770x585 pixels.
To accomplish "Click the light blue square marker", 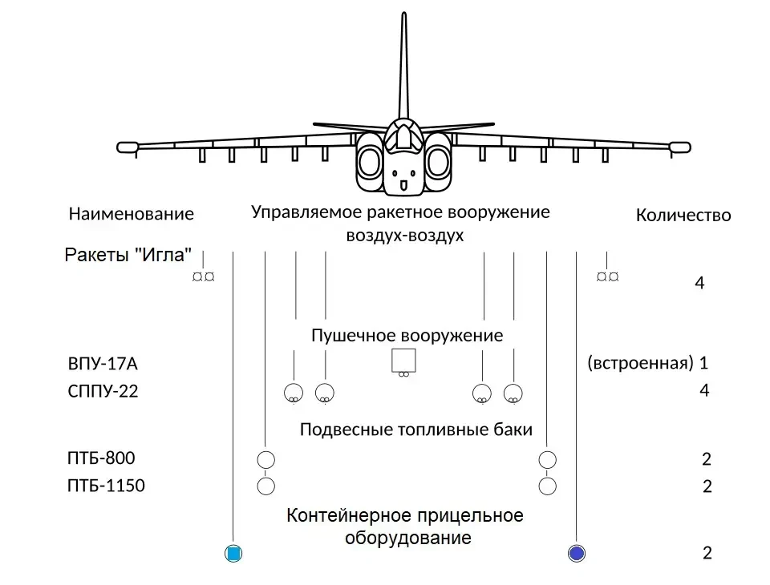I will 233,553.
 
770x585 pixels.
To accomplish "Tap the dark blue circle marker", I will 576,553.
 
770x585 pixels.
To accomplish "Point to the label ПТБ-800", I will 102,458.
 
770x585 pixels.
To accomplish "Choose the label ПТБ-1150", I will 107,486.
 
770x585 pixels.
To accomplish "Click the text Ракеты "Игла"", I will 128,255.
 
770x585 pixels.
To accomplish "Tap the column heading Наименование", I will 132,214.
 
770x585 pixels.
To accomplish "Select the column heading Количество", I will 683,215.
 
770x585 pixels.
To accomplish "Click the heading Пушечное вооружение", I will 407,335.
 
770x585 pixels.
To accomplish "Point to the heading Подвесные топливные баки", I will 415,430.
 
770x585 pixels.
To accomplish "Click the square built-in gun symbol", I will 403,361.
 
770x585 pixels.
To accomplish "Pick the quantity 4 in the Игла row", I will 699,283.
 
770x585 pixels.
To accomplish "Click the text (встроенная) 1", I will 647,362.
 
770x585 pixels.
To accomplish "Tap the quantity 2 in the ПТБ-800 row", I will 707,459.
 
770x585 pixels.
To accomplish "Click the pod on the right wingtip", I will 679,147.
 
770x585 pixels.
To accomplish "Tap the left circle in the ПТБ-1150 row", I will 265,486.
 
